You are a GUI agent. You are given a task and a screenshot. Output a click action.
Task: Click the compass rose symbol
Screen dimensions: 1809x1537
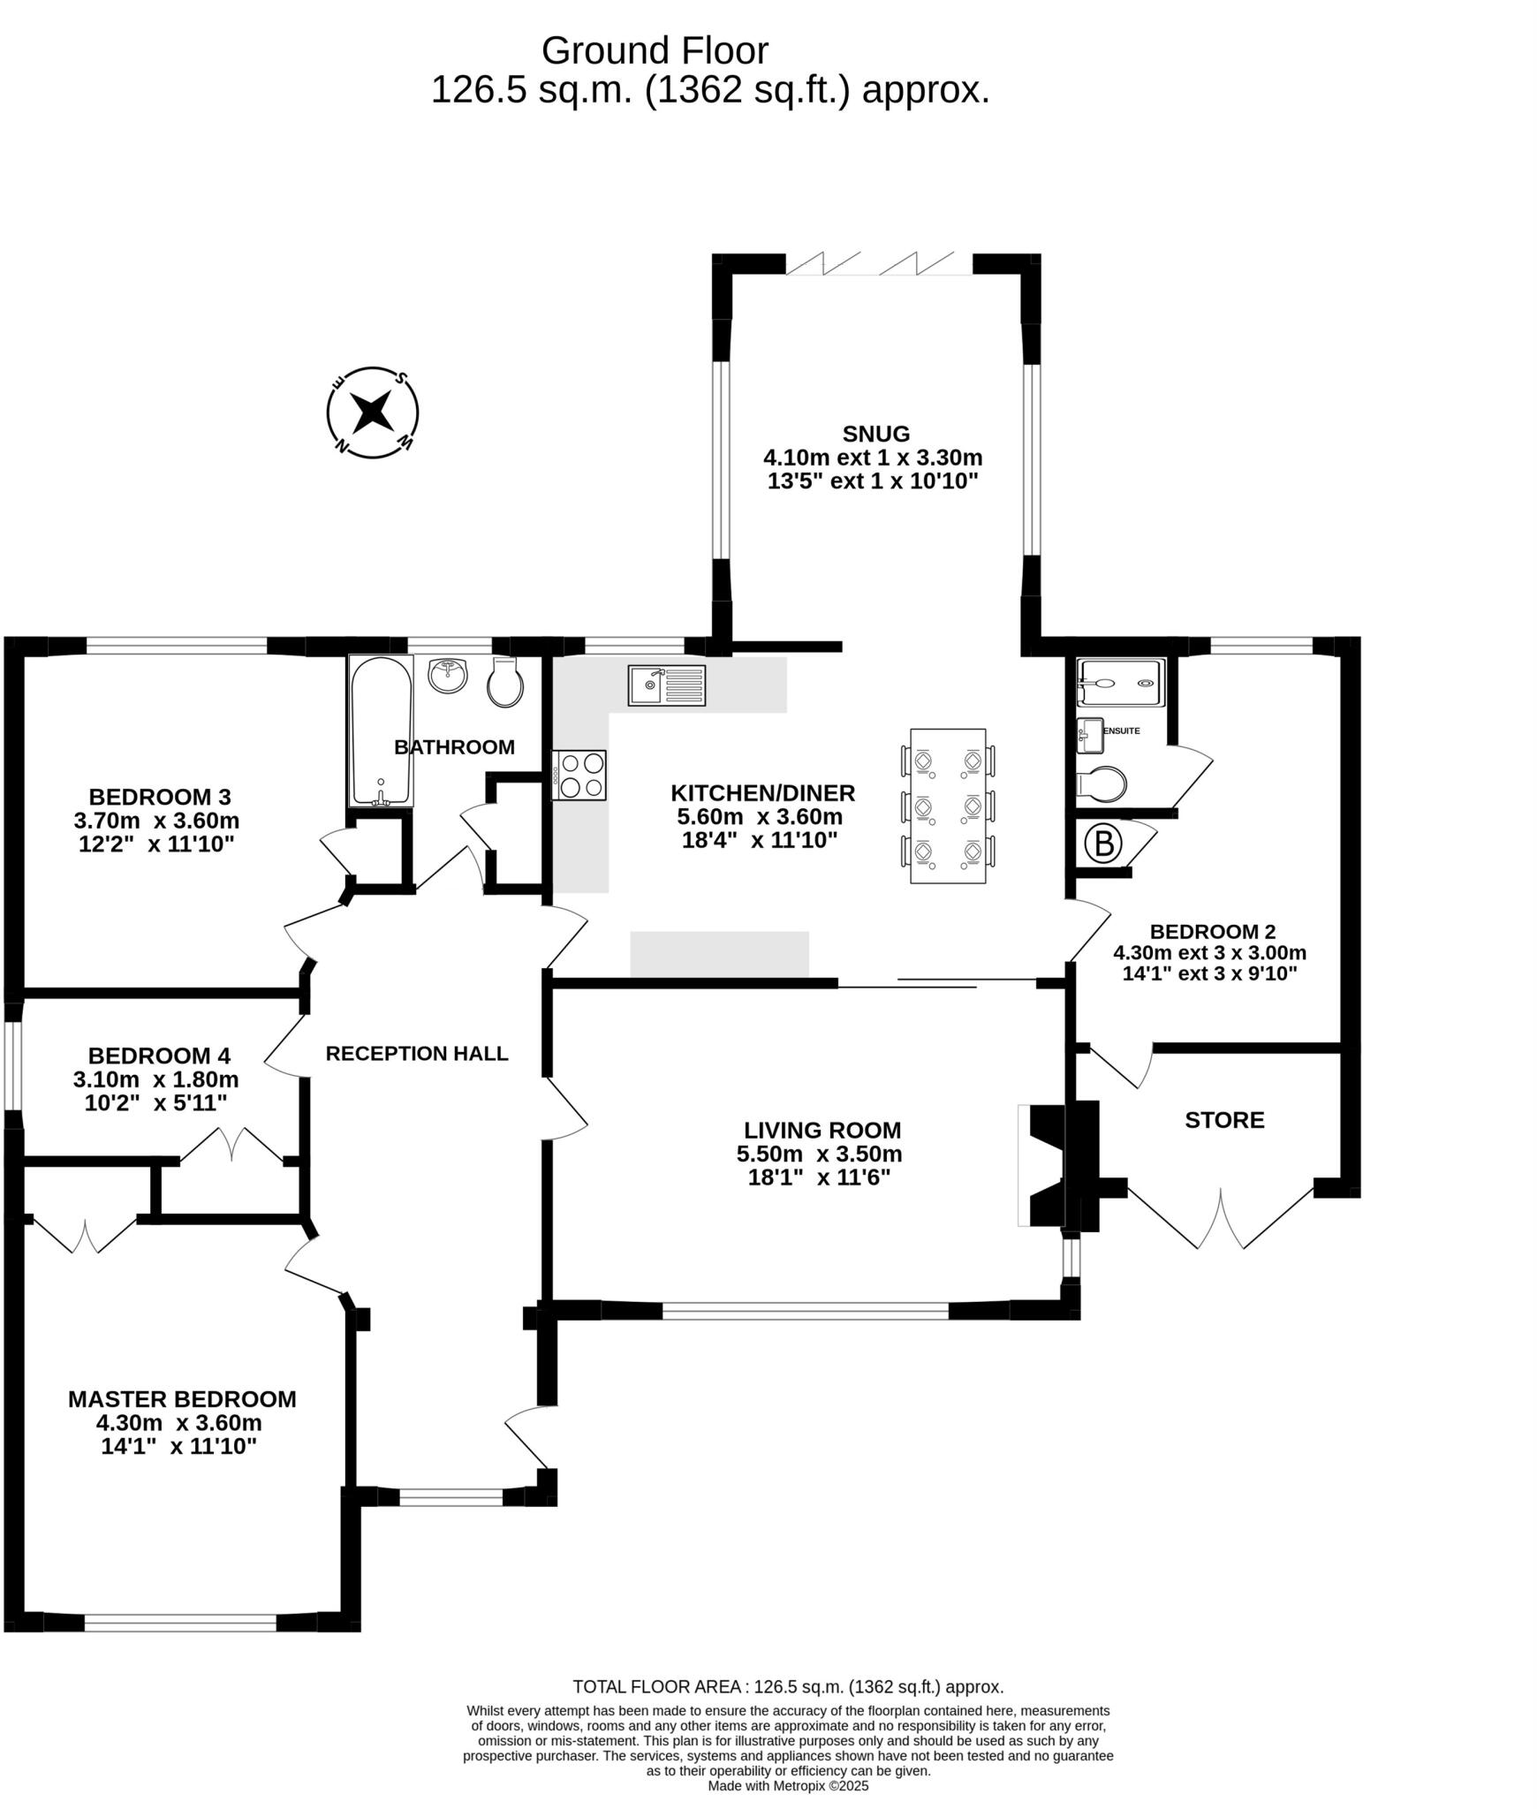[372, 413]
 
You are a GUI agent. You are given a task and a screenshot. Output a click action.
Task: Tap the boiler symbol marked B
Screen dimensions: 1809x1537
[1103, 844]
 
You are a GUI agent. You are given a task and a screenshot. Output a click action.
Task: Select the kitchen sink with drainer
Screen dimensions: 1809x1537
[667, 685]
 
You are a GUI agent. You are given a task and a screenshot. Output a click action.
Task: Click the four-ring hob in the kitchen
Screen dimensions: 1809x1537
[579, 775]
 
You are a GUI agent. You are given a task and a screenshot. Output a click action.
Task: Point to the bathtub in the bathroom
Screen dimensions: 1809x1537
[381, 730]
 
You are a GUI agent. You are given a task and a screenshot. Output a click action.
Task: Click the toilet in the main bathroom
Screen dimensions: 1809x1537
[505, 683]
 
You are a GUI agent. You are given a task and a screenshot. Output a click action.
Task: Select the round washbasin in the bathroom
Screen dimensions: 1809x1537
[449, 677]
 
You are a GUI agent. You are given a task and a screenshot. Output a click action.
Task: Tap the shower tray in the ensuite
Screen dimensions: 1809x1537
[1120, 683]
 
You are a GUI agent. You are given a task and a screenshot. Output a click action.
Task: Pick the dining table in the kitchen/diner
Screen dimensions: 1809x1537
[948, 806]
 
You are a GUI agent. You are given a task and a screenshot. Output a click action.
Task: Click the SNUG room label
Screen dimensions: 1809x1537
[875, 434]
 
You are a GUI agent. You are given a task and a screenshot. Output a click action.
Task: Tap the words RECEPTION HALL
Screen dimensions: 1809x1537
[417, 1053]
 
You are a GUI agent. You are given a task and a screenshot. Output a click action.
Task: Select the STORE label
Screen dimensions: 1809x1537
[1224, 1120]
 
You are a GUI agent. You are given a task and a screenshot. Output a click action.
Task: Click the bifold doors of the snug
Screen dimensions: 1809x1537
[879, 264]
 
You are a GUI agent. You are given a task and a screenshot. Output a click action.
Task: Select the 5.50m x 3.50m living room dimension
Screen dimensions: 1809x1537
[819, 1154]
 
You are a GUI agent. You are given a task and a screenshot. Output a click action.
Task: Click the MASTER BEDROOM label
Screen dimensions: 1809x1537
[182, 1399]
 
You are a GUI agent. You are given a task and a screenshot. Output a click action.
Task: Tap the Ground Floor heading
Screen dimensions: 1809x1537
[655, 51]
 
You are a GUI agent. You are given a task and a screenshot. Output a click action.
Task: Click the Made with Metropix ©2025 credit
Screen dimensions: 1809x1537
[788, 1785]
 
